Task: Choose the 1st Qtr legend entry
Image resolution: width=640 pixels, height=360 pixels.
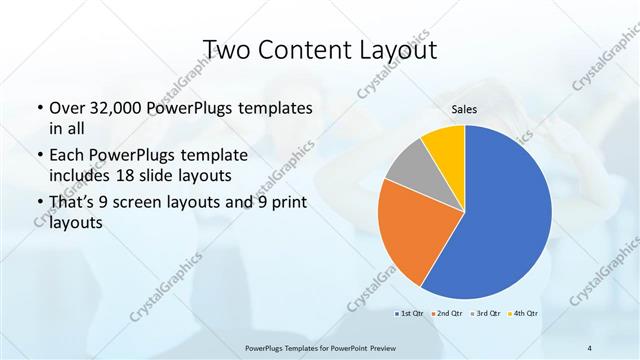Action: (x=409, y=314)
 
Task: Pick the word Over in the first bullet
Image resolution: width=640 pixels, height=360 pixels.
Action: (x=68, y=108)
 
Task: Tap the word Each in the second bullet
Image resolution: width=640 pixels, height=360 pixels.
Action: (x=67, y=156)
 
